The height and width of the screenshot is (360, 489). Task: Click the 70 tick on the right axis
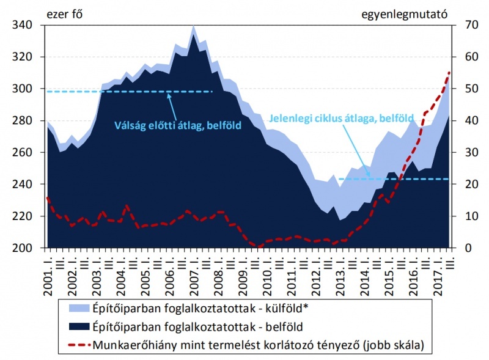click(460, 26)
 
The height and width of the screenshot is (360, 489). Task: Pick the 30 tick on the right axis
click(460, 153)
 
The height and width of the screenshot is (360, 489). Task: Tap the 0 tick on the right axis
click(458, 248)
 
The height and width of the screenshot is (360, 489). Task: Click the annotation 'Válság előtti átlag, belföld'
click(178, 126)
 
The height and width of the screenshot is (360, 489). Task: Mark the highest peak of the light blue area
click(194, 26)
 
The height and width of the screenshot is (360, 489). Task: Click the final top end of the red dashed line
click(449, 73)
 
